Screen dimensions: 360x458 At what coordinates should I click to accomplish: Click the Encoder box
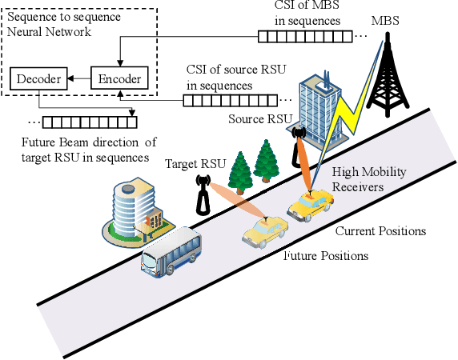pos(119,78)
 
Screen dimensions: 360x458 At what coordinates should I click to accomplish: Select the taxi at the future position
pos(265,232)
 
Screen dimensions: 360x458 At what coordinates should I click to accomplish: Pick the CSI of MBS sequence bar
pos(302,36)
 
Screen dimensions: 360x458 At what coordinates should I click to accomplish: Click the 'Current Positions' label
pos(380,231)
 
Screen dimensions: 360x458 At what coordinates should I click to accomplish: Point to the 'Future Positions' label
pos(327,257)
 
